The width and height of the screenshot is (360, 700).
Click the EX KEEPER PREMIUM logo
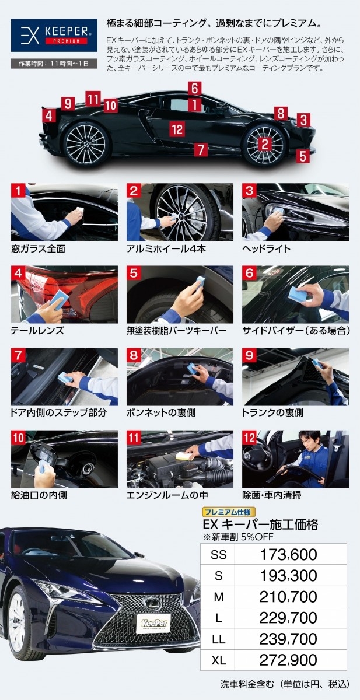(x=54, y=36)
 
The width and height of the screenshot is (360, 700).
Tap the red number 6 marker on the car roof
(x=195, y=88)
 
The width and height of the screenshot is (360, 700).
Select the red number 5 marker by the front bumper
(x=303, y=156)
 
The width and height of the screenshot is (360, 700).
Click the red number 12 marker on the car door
(x=177, y=129)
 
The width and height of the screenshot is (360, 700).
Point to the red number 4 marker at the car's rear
(x=49, y=116)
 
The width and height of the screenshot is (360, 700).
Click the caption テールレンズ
(x=37, y=331)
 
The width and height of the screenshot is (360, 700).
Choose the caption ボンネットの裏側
(x=161, y=412)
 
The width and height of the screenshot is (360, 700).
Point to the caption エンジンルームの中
(x=167, y=495)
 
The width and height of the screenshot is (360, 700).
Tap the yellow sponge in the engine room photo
(x=183, y=456)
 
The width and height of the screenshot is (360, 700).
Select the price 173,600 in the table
(x=288, y=555)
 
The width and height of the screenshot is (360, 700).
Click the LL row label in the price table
(x=218, y=639)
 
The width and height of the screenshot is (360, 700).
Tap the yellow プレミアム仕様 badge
(x=229, y=512)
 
